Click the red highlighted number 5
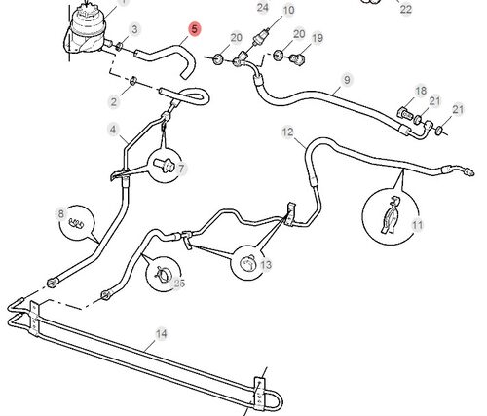(194, 29)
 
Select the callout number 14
(162, 334)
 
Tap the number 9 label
(347, 80)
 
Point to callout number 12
(287, 132)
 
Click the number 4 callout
(113, 130)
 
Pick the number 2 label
(113, 102)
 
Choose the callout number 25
(179, 284)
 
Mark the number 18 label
(421, 91)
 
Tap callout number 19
(318, 38)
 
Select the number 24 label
(263, 7)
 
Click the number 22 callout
(406, 9)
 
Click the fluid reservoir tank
(86, 29)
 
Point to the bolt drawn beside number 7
(165, 165)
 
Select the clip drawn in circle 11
(392, 215)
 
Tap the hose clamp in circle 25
(163, 274)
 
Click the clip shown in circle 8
(76, 223)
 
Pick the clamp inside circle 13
(247, 263)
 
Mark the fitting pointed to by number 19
(296, 59)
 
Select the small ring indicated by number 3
(119, 46)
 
